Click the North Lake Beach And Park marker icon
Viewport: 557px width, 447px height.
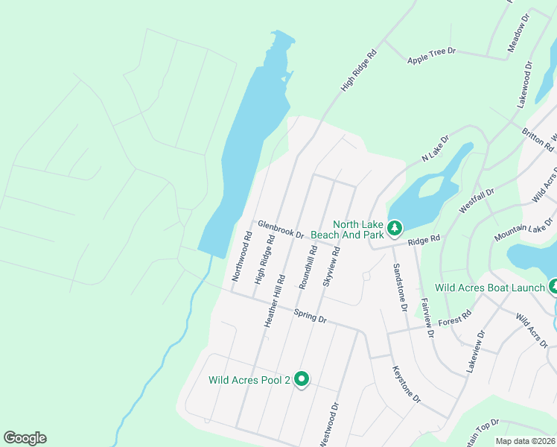pos(394,226)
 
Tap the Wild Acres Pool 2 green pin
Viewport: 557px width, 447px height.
pos(302,379)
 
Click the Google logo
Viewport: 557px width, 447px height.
pos(25,438)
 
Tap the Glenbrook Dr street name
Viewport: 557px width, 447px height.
pos(281,229)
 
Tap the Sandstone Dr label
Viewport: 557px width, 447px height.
pos(400,287)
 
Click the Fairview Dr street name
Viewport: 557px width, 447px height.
pos(427,318)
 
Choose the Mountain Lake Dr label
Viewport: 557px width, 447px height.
pos(525,229)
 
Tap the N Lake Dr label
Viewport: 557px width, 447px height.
pos(436,148)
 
